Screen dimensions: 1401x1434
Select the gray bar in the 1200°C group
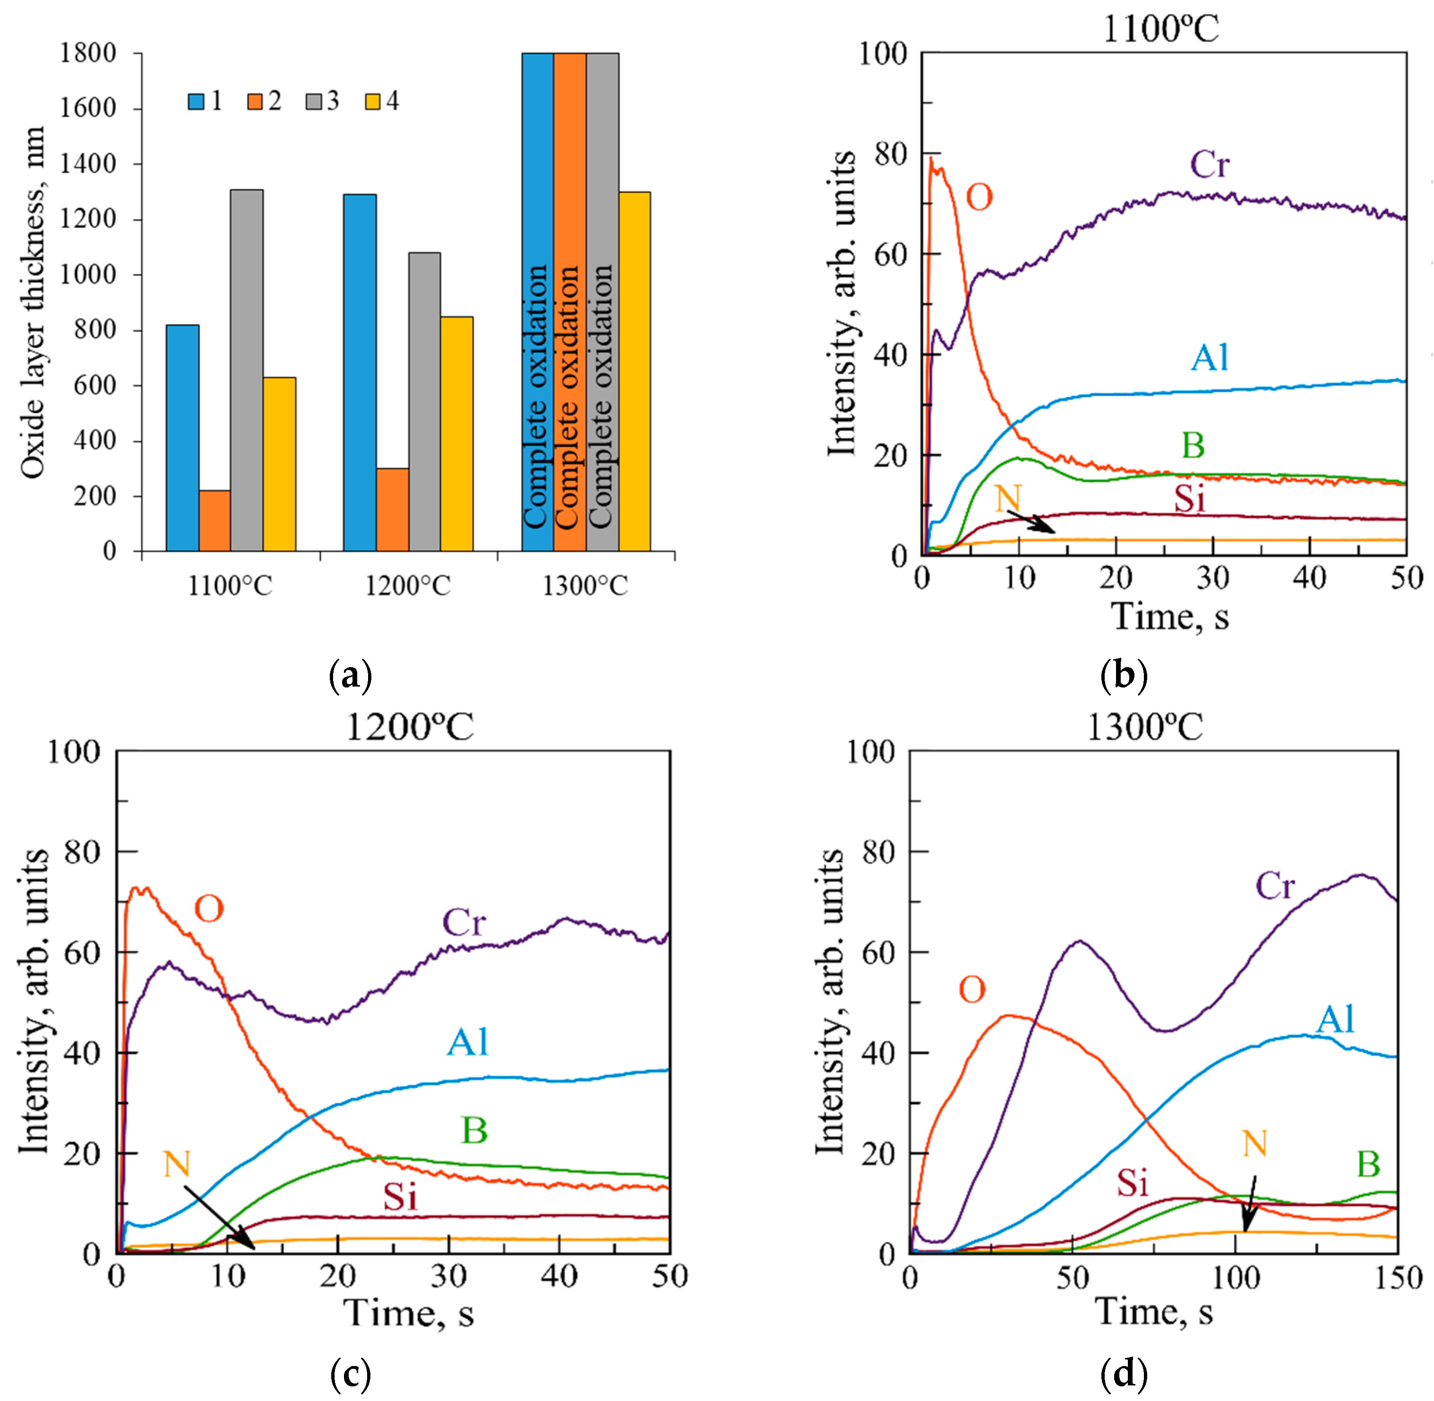(x=425, y=402)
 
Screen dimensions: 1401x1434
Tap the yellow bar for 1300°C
(x=634, y=371)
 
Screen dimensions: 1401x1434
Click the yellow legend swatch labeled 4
(x=373, y=102)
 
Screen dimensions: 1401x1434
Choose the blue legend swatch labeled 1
(x=196, y=102)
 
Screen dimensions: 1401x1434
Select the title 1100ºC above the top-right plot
(x=1160, y=29)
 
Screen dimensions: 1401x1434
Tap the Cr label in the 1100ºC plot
(x=1210, y=164)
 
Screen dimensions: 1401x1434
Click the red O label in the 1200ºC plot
(x=209, y=910)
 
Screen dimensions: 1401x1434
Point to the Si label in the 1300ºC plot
(x=1133, y=1183)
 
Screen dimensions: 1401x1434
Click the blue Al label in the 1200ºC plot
(x=468, y=1042)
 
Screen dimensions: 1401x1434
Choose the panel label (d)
(x=1124, y=1373)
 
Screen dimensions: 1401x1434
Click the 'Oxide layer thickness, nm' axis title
(x=33, y=301)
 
